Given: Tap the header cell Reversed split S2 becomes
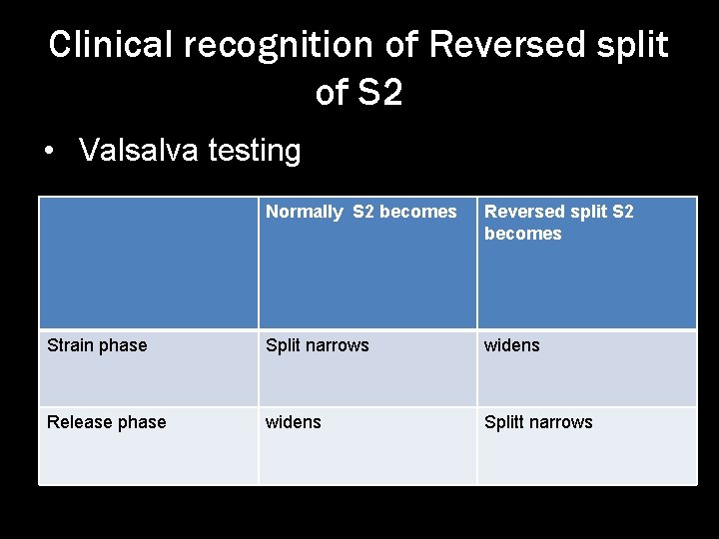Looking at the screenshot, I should pyautogui.click(x=586, y=263).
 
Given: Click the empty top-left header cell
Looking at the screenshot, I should pyautogui.click(x=148, y=263).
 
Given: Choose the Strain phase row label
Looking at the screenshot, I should pyautogui.click(x=97, y=345).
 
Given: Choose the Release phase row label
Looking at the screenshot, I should pyautogui.click(x=107, y=422).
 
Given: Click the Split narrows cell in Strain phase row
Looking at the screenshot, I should pyautogui.click(x=317, y=345).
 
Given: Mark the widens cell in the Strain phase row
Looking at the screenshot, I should pyautogui.click(x=511, y=345).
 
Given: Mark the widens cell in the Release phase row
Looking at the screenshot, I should pyautogui.click(x=293, y=422).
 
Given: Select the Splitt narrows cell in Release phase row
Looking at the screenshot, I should pyautogui.click(x=538, y=422).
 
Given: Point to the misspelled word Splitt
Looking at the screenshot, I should pyautogui.click(x=506, y=422).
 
